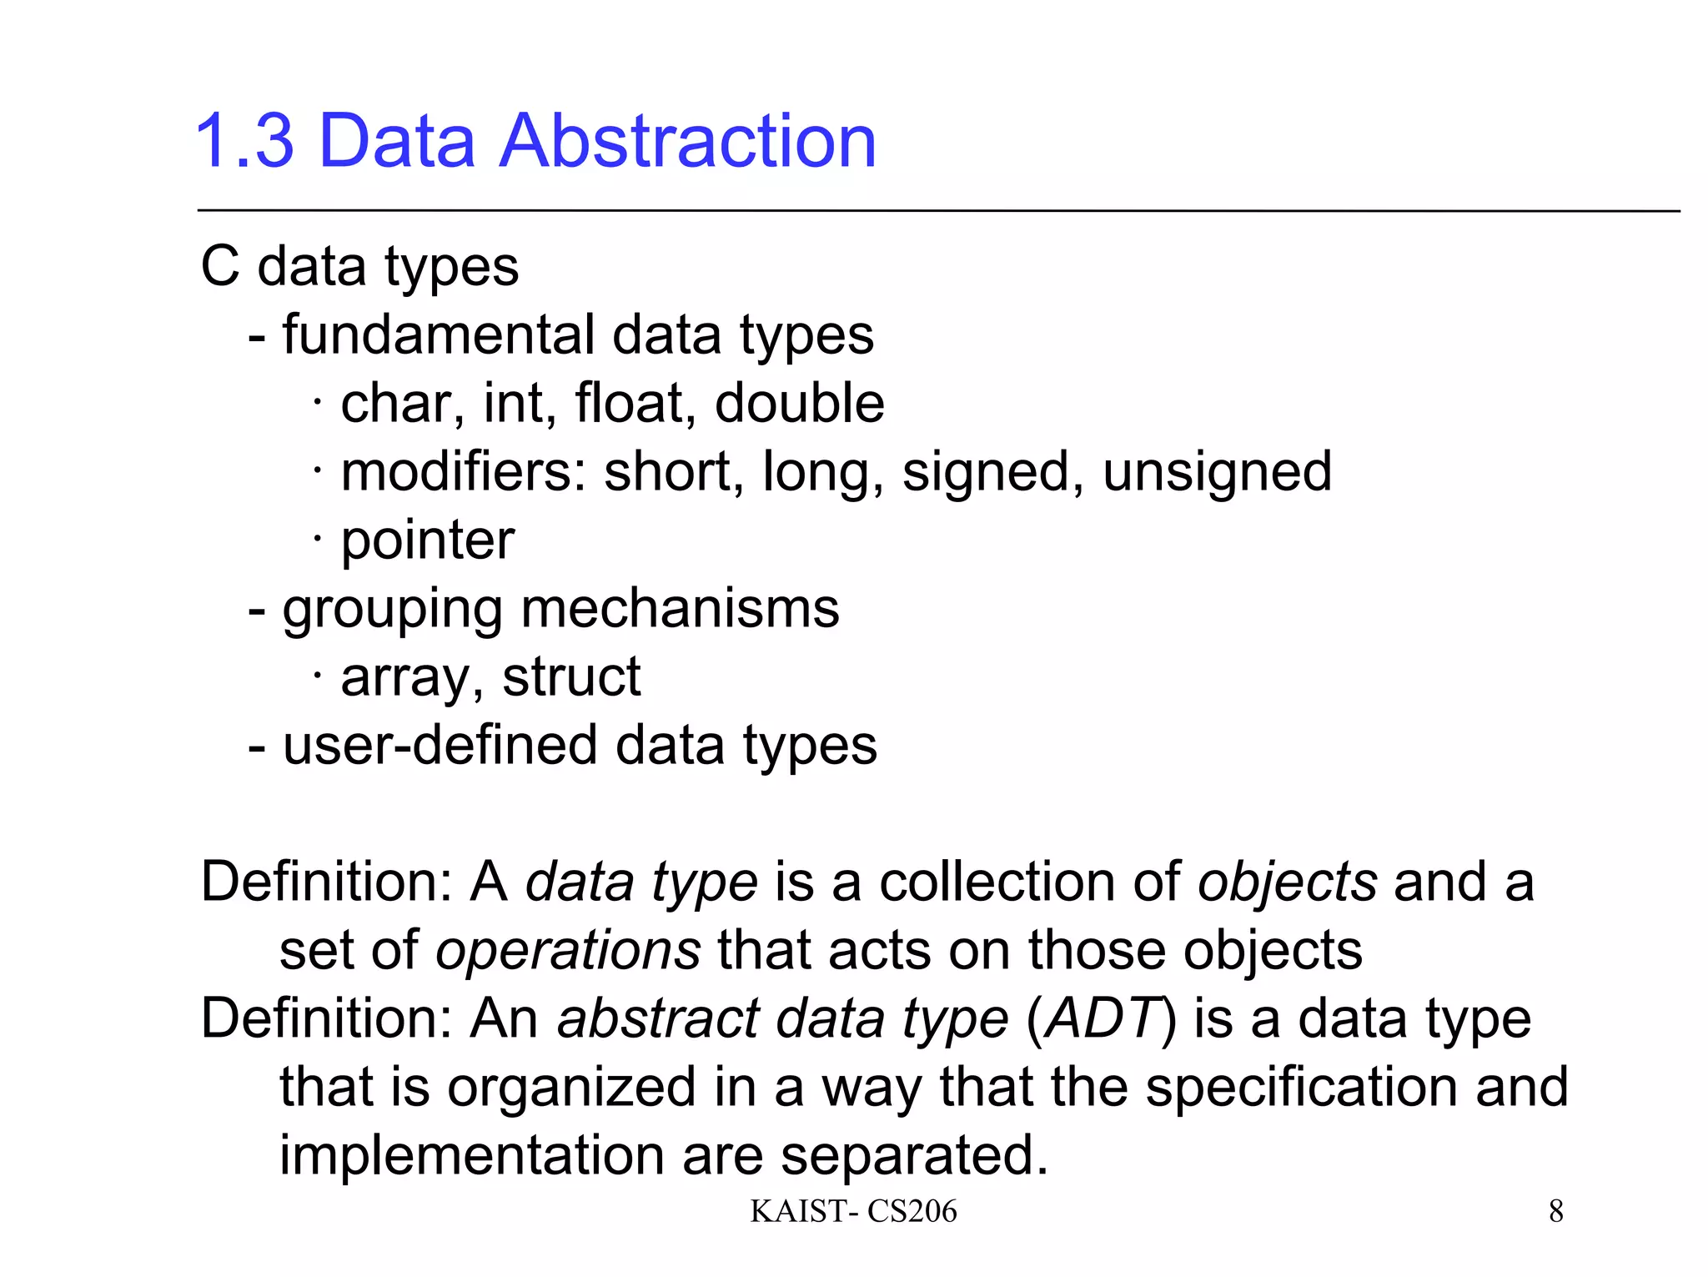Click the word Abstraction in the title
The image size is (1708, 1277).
(x=687, y=141)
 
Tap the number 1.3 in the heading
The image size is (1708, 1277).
(x=244, y=141)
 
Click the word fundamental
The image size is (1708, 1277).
(x=437, y=335)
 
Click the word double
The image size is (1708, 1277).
(x=799, y=404)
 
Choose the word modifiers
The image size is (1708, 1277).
(x=464, y=472)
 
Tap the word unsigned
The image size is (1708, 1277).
(x=1217, y=472)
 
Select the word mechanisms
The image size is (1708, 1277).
(x=680, y=609)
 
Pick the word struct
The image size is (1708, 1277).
(x=571, y=677)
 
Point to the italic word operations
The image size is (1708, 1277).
(x=568, y=951)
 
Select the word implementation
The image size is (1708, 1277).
(x=470, y=1156)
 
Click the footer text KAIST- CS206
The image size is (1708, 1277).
(x=853, y=1211)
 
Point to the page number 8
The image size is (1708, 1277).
(x=1556, y=1211)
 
